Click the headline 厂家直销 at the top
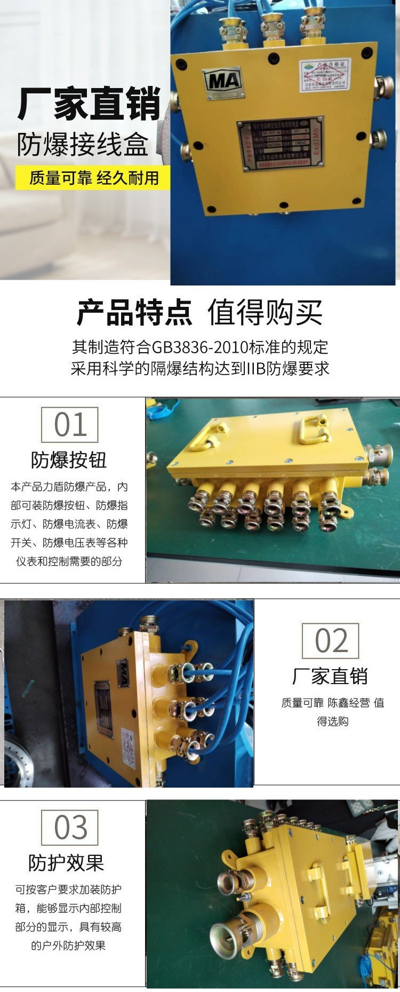click(x=89, y=104)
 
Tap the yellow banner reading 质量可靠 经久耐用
click(x=94, y=178)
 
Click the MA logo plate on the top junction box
click(x=224, y=82)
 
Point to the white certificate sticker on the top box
click(x=324, y=75)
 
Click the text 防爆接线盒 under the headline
click(x=83, y=145)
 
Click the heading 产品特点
click(x=134, y=313)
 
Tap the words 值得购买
click(x=265, y=313)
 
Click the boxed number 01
click(x=70, y=425)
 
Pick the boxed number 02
click(x=331, y=640)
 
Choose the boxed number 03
click(x=70, y=828)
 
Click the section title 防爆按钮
click(x=69, y=460)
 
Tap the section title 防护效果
click(x=66, y=863)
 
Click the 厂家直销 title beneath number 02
click(x=330, y=676)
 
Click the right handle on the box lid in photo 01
click(x=315, y=429)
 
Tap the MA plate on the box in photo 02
click(x=123, y=672)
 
